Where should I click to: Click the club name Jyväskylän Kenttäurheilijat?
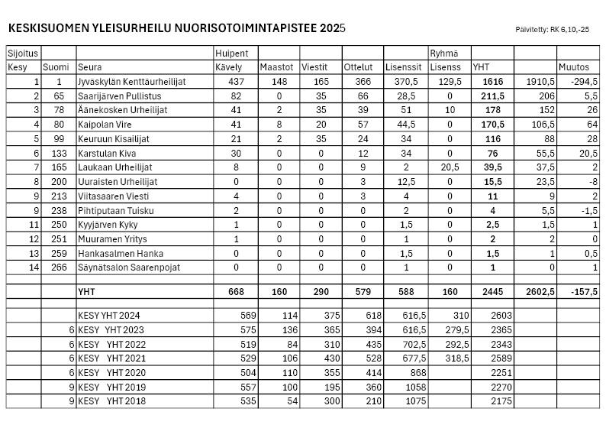coord(132,82)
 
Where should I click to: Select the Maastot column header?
coord(276,67)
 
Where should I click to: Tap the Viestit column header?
coord(314,67)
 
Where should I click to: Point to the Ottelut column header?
coord(359,67)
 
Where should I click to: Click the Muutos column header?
coord(574,67)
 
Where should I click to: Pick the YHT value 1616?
coord(492,82)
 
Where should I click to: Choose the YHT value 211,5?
coord(492,96)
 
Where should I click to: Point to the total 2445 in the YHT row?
coord(492,292)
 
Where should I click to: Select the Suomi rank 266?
coord(56,267)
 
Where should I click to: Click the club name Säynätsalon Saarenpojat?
coord(129,267)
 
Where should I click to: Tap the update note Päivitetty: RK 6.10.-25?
coord(553,30)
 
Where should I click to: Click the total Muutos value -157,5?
coord(576,292)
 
